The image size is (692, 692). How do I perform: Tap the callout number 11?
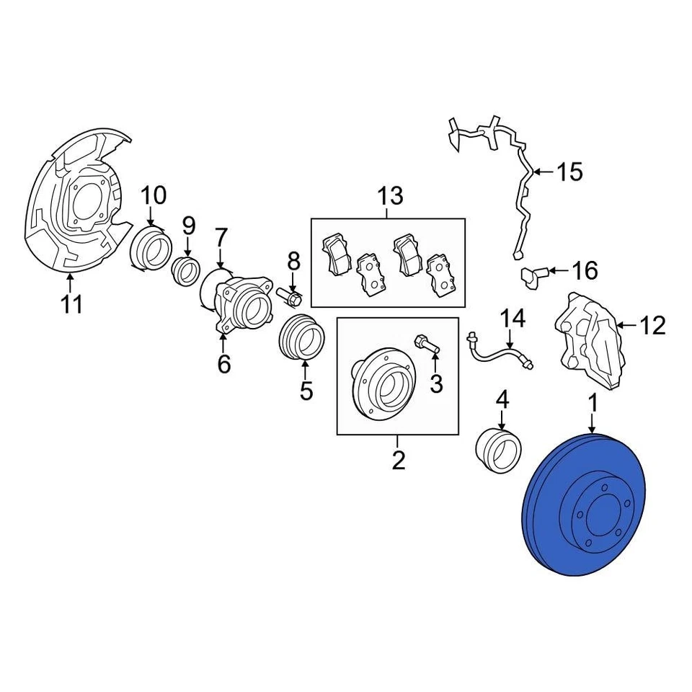pyautogui.click(x=71, y=304)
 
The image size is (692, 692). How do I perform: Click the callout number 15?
pyautogui.click(x=569, y=172)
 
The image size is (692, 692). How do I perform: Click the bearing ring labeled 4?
pyautogui.click(x=499, y=448)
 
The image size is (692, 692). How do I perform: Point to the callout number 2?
pyautogui.click(x=399, y=459)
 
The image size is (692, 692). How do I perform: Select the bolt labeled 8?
pyautogui.click(x=290, y=295)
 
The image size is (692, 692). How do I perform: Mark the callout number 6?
pyautogui.click(x=223, y=364)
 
